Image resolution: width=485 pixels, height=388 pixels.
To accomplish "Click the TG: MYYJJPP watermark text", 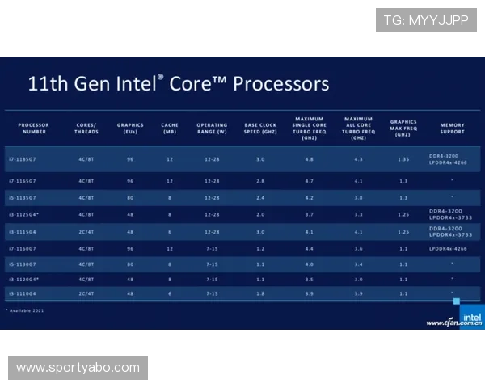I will point(426,20).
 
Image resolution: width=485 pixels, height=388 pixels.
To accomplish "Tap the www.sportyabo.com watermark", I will point(78,368).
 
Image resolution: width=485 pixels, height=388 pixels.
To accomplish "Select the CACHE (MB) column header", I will point(170,129).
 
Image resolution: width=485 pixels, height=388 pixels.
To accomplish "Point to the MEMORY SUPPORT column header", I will point(452,129).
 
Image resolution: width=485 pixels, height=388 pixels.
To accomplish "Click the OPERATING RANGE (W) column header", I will point(212,129).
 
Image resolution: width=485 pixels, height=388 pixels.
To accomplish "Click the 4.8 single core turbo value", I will point(309,160).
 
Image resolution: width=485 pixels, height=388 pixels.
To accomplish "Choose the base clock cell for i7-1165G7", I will point(260,182).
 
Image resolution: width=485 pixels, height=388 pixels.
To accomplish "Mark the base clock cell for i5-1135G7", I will point(260,197).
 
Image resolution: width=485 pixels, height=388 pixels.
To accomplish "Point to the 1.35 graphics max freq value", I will point(403,160).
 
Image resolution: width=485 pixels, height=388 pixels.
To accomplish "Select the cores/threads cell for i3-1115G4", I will point(86,232).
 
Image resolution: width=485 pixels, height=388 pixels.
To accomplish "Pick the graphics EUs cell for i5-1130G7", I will point(130,264).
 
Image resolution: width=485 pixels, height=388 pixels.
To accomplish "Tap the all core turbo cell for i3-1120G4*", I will point(358,279).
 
